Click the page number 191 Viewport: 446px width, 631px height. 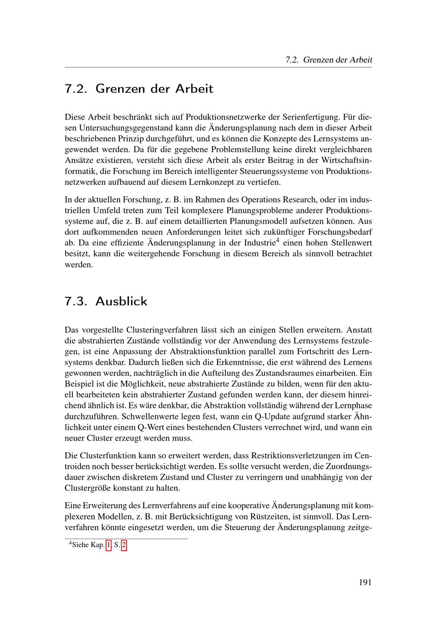click(x=365, y=582)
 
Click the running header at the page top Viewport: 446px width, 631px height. click(x=329, y=60)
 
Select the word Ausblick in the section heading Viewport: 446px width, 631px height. click(x=121, y=301)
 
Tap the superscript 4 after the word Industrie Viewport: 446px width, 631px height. click(x=277, y=241)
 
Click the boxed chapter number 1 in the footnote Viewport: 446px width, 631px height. click(x=109, y=545)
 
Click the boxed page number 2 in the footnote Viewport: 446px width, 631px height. click(x=124, y=545)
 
